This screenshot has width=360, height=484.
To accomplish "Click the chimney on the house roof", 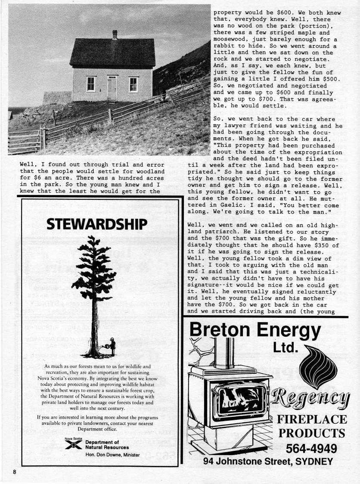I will [115, 34].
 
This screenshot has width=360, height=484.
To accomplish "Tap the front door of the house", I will [112, 88].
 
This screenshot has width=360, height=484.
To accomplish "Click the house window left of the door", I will [91, 84].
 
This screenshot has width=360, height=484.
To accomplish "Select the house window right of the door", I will [133, 84].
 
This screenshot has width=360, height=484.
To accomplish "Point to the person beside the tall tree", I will [112, 346].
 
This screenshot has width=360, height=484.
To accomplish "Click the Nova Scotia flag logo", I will [73, 445].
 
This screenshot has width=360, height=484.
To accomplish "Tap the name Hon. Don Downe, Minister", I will [112, 455].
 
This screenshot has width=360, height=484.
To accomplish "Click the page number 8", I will [15, 472].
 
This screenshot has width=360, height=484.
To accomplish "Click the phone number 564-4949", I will [311, 449].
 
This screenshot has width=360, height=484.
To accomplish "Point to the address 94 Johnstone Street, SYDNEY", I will [268, 462].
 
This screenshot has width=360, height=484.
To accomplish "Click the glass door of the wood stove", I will [239, 401].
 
